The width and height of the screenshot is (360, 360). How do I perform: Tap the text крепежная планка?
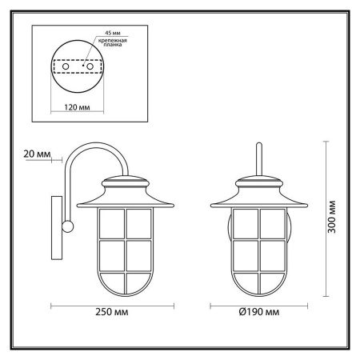(x=110, y=45)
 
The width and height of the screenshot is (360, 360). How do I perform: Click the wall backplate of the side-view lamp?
(x=57, y=228)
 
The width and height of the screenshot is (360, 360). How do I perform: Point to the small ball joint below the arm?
(x=67, y=228)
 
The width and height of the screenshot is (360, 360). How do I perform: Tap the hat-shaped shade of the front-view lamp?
(x=259, y=192)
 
